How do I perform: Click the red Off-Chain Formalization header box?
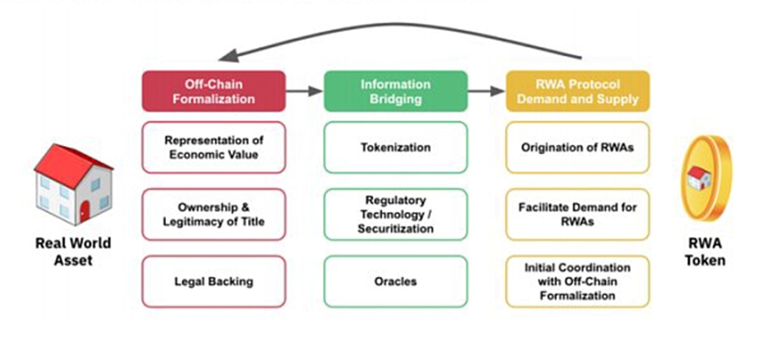pos(213,91)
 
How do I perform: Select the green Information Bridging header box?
pos(395,91)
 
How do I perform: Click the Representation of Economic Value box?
pos(213,147)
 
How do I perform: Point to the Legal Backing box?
pos(213,281)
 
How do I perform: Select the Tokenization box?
pos(395,147)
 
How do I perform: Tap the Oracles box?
pos(395,281)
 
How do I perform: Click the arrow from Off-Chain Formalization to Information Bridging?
pos(305,91)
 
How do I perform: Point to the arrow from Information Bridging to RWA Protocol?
pos(486,91)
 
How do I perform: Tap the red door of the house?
pos(84,212)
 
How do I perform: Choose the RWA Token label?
pos(706,253)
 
